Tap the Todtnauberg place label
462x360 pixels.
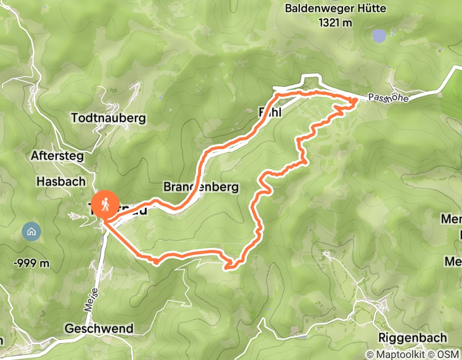(x=108, y=118)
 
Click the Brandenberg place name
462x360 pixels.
(x=201, y=187)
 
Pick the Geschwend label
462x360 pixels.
(x=99, y=328)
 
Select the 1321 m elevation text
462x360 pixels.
(x=336, y=22)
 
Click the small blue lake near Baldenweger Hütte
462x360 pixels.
(x=379, y=35)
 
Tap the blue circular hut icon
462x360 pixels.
(x=31, y=231)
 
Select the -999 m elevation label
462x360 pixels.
(x=31, y=263)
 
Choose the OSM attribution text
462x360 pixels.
(x=449, y=354)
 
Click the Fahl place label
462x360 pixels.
(x=270, y=113)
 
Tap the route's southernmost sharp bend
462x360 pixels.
(x=228, y=266)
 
